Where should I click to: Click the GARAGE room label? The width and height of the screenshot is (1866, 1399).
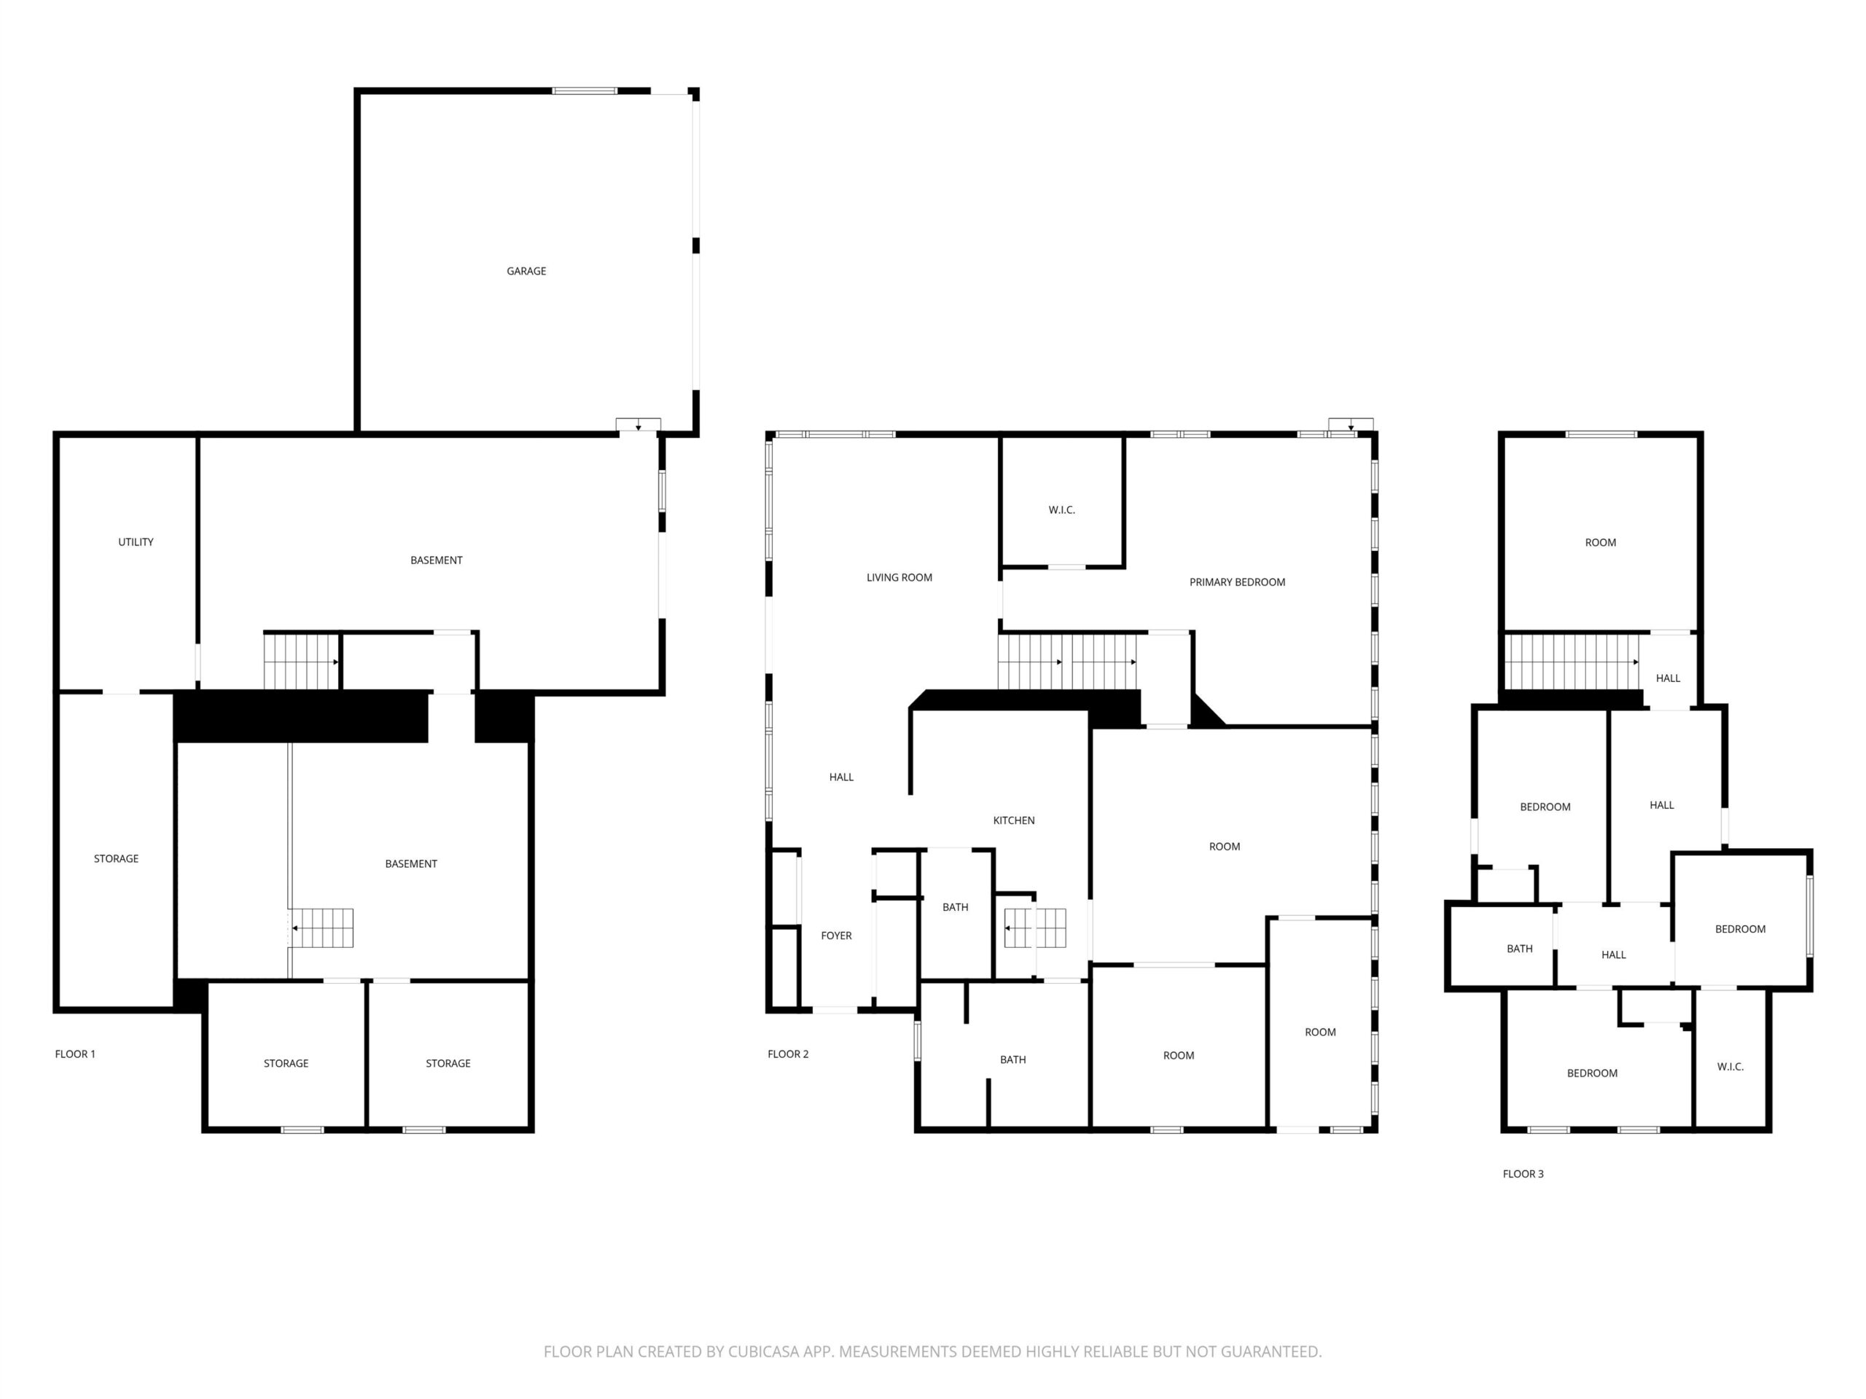pos(526,271)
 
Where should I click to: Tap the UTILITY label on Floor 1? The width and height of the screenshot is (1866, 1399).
pos(136,541)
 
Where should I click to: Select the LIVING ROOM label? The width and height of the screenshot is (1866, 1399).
pos(899,578)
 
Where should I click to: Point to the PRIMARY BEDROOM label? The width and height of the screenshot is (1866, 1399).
pos(1238,582)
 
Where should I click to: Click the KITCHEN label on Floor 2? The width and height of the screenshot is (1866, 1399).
pos(1014,820)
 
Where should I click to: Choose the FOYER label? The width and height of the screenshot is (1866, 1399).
pos(837,935)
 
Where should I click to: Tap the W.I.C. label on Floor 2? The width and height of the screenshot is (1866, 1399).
pos(1062,510)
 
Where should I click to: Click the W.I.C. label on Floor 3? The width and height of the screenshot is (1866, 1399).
pos(1730,1067)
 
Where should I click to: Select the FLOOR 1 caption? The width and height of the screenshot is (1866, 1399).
pos(75,1054)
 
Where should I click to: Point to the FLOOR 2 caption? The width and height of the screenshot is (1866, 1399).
pos(788,1054)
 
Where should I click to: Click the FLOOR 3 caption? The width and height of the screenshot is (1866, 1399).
pos(1523,1174)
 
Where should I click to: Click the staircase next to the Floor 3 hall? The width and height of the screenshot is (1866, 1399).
pos(1572,662)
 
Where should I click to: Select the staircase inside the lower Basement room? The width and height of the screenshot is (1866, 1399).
pos(322,928)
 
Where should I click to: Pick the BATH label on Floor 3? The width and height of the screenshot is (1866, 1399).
pos(1520,949)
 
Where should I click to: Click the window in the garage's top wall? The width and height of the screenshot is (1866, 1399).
pos(585,90)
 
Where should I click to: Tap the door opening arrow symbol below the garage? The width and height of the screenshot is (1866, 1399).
pos(639,425)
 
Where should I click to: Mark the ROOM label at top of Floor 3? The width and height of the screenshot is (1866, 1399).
pos(1600,542)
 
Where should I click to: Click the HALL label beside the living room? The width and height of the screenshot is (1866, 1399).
pos(841,777)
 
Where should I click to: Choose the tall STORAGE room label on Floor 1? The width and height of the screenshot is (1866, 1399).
pos(117,858)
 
